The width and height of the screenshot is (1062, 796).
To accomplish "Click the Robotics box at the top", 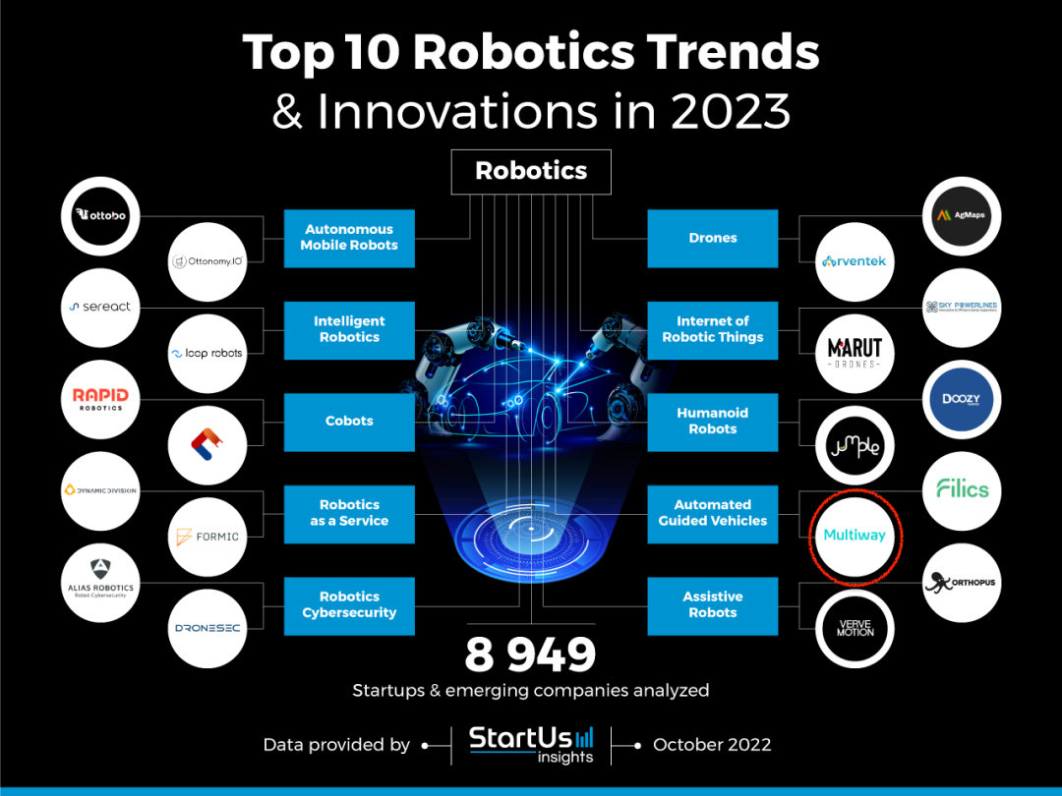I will click(x=531, y=171).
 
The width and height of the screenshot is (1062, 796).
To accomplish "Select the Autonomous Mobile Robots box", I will click(x=349, y=238).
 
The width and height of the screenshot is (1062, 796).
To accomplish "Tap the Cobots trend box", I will click(x=349, y=421).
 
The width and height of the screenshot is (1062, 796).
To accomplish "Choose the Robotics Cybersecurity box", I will click(x=349, y=604).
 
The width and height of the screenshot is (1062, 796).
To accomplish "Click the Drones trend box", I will click(x=712, y=238).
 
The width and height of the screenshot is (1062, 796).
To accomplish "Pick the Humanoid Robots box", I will click(x=712, y=421).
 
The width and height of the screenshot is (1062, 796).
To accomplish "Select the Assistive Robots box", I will click(x=712, y=604).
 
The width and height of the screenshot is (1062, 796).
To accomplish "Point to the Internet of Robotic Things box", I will click(x=712, y=329).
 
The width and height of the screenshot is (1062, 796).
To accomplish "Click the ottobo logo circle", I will click(x=101, y=214).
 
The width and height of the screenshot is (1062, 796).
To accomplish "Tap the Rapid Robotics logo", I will click(x=101, y=399).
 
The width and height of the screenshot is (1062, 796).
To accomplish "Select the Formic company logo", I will click(x=207, y=537).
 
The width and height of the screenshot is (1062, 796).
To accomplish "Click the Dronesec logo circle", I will click(x=207, y=628).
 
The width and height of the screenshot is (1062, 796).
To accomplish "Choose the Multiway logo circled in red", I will click(x=855, y=536).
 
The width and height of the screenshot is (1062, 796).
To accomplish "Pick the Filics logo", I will click(x=962, y=488).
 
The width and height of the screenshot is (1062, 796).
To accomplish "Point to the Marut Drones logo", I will click(x=855, y=353).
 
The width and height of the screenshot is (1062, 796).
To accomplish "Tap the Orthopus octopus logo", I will click(x=962, y=582).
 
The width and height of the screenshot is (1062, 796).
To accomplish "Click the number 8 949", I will click(x=531, y=654).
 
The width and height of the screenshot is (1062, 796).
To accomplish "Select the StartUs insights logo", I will click(x=531, y=744).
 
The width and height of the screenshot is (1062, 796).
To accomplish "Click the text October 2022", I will click(x=712, y=744).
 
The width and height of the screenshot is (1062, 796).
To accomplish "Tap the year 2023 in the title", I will click(x=731, y=112).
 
